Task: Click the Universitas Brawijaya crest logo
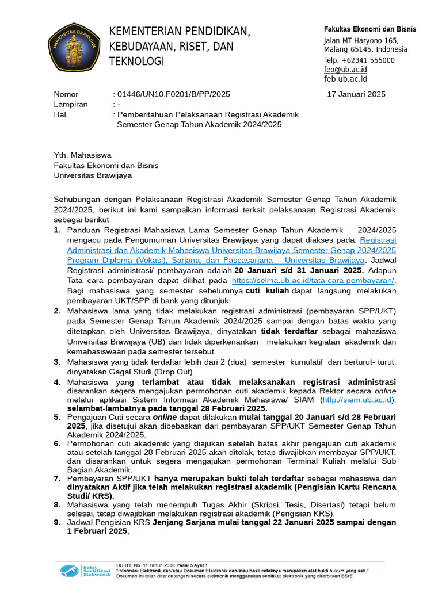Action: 75,47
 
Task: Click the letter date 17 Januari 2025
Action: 356,94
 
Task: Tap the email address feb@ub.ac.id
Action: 345,70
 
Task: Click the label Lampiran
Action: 71,104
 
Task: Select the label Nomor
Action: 66,94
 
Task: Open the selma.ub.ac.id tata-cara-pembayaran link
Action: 313,280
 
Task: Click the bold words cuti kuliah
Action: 267,291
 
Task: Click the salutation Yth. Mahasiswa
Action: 83,155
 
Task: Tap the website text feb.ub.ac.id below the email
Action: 345,79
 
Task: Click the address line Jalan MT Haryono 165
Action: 361,40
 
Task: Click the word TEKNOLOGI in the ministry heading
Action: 137,62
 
